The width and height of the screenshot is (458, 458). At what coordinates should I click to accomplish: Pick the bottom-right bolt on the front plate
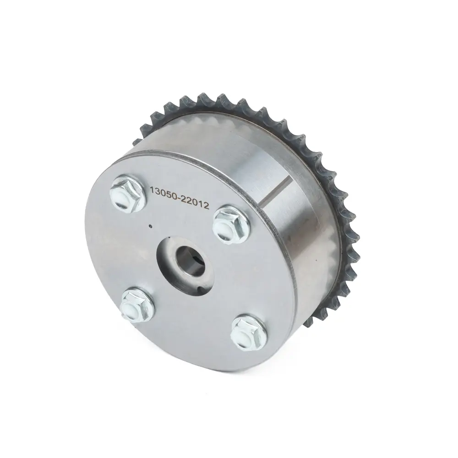(x=249, y=333)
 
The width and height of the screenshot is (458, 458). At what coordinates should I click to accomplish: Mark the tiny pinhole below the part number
(x=150, y=225)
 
